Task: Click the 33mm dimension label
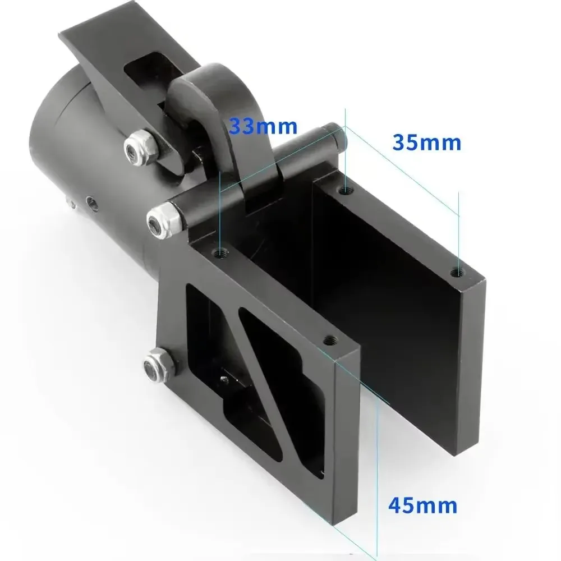click(263, 126)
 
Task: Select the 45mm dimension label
click(423, 505)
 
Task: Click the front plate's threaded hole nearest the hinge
click(220, 253)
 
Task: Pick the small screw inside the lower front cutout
click(224, 380)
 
